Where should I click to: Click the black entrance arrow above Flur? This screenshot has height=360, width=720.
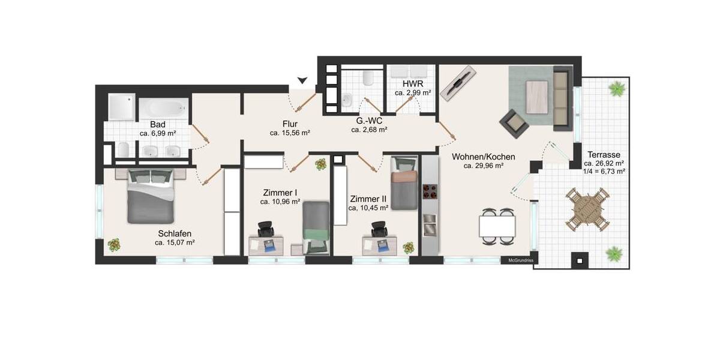click(303, 80)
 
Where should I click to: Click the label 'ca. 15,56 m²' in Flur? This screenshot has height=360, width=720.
click(290, 133)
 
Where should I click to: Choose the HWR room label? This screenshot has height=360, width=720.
click(413, 83)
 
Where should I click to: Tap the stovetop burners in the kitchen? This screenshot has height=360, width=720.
click(430, 193)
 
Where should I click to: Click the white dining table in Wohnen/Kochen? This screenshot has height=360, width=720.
click(497, 226)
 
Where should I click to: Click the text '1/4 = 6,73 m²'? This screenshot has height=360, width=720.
click(604, 171)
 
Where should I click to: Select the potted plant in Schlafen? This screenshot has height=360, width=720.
click(113, 245)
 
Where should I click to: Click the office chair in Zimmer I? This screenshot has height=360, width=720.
click(266, 229)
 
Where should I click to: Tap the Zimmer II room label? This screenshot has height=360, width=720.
click(368, 199)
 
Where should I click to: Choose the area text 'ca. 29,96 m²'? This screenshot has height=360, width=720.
click(483, 166)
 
